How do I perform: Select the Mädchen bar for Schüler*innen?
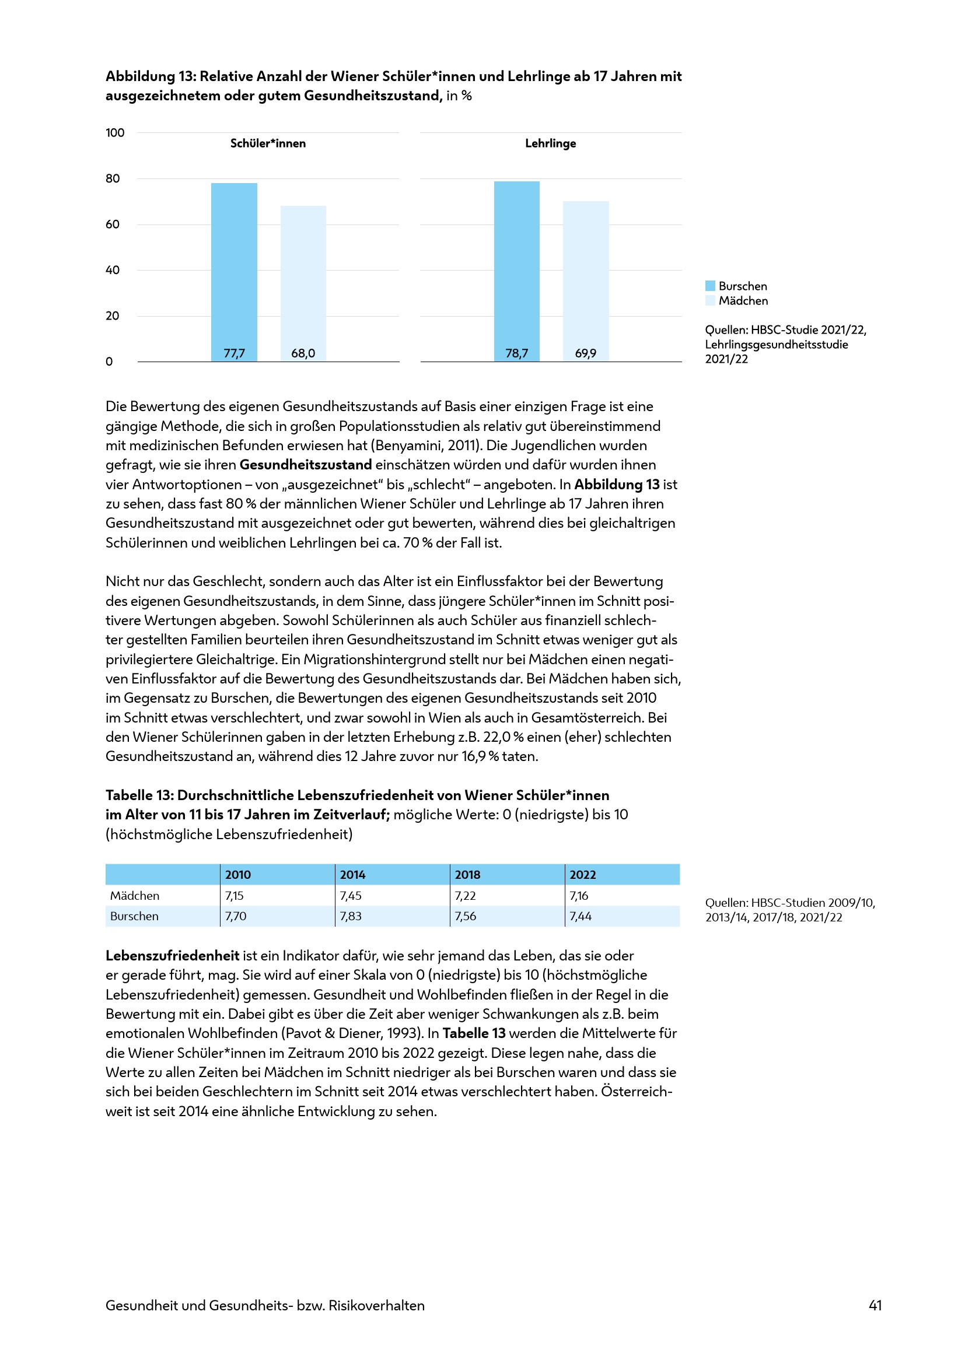[x=303, y=283]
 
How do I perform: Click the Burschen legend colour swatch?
[x=710, y=286]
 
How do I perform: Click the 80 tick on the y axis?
[x=112, y=178]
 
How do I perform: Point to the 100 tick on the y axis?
[x=115, y=132]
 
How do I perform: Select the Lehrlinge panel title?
[x=550, y=143]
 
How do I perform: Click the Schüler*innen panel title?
[x=268, y=143]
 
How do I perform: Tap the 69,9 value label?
[x=585, y=353]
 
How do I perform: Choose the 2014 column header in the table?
[x=352, y=875]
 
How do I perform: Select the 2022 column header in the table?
[x=582, y=875]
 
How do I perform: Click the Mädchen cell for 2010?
[x=235, y=895]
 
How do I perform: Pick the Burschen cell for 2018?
[x=465, y=916]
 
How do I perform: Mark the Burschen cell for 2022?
[x=581, y=916]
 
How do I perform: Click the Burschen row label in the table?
[x=134, y=916]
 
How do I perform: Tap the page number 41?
[x=875, y=1305]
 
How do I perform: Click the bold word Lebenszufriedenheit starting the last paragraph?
[x=172, y=955]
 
